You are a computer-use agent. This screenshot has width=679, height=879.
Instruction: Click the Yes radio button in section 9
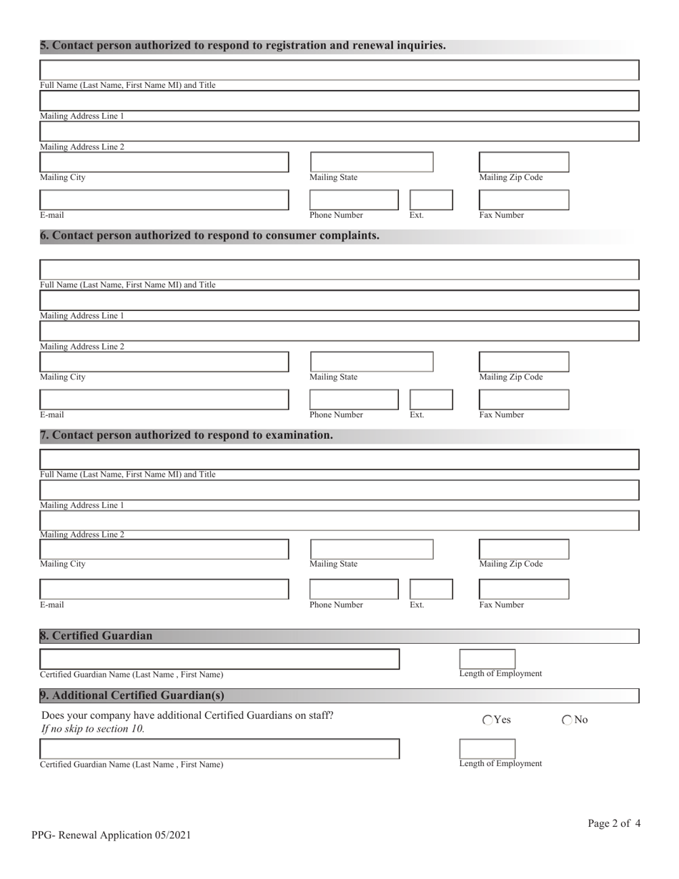click(488, 720)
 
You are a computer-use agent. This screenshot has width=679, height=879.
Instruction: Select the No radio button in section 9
click(568, 720)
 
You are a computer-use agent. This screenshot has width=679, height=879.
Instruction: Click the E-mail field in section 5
click(164, 199)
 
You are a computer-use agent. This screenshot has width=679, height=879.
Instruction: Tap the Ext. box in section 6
click(431, 399)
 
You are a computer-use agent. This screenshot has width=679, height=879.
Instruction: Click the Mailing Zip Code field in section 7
click(524, 549)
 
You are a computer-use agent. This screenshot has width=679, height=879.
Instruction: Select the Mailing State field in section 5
click(371, 162)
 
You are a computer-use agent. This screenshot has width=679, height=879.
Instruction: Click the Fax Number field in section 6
click(524, 399)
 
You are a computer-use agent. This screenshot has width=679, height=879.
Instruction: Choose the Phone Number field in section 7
click(354, 589)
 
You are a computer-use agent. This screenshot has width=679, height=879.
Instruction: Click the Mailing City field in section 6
click(164, 362)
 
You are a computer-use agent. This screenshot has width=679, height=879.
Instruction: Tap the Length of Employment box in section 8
click(487, 659)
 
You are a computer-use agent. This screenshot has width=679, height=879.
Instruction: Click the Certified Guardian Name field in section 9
click(219, 749)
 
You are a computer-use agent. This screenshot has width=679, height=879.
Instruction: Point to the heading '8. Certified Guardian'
click(96, 636)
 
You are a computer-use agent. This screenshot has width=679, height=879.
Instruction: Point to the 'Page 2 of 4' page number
click(614, 823)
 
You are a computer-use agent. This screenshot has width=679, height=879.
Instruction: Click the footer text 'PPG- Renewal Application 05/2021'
click(111, 835)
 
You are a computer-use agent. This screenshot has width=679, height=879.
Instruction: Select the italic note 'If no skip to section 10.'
click(93, 729)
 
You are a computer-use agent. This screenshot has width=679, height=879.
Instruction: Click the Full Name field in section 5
click(339, 70)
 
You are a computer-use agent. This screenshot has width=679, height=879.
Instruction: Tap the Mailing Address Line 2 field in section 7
click(339, 520)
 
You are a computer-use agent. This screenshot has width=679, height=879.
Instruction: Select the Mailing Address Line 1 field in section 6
click(339, 300)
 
